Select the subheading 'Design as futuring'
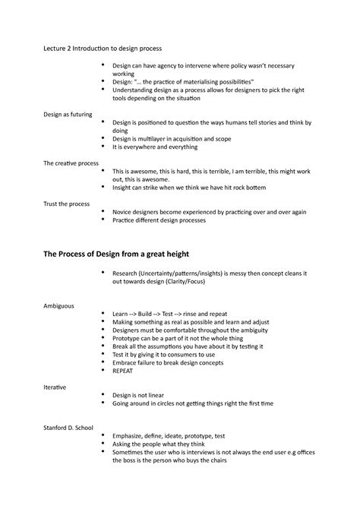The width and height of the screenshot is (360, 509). (68, 114)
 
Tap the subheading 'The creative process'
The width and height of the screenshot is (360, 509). (71, 163)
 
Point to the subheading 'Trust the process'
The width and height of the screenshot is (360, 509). (67, 203)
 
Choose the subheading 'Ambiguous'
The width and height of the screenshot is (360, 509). (58, 305)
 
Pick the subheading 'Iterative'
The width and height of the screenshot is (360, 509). (54, 387)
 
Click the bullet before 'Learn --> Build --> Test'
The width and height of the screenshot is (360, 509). (101, 313)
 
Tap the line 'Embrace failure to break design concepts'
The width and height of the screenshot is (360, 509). (172, 363)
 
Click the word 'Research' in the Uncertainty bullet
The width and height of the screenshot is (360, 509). (127, 273)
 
